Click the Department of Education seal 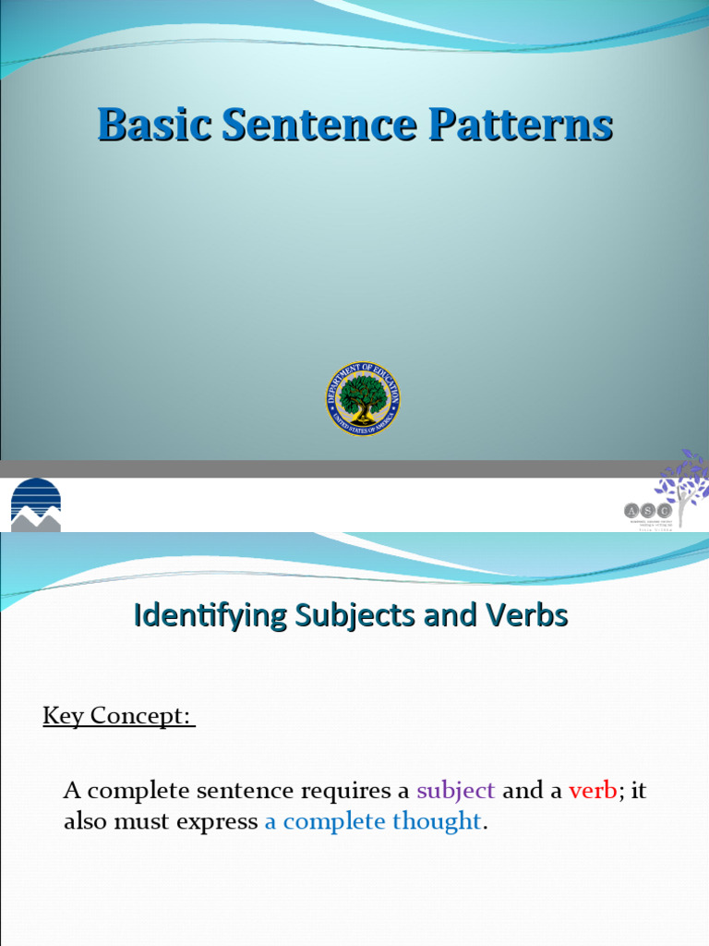(x=363, y=398)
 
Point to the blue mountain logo (x=35, y=504)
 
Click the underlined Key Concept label (x=118, y=717)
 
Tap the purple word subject (x=456, y=791)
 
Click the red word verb (x=593, y=791)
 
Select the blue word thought (x=437, y=821)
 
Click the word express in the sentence (x=220, y=821)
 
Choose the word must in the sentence (x=140, y=821)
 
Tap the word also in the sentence (x=85, y=821)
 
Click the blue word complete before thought (x=333, y=821)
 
